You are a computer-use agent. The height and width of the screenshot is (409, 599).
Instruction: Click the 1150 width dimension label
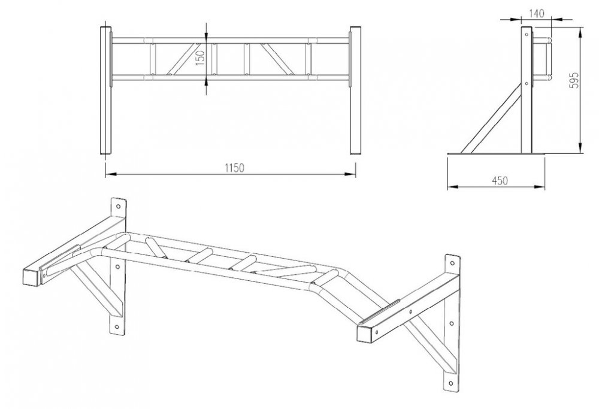point(234,168)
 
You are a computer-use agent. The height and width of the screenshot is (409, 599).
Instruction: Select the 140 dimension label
point(537,14)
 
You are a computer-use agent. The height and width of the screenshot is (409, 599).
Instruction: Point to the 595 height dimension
point(574,80)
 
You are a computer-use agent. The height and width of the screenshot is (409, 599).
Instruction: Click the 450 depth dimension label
point(500,181)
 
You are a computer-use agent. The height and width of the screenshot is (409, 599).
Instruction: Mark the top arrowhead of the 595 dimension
point(580,33)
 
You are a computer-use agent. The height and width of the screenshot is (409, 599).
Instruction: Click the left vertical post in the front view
point(106,90)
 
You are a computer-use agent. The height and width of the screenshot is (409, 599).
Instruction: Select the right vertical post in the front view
point(355,90)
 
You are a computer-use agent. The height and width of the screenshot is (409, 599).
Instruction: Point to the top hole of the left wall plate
point(119,207)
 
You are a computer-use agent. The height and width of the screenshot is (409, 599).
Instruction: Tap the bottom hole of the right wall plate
point(452,382)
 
